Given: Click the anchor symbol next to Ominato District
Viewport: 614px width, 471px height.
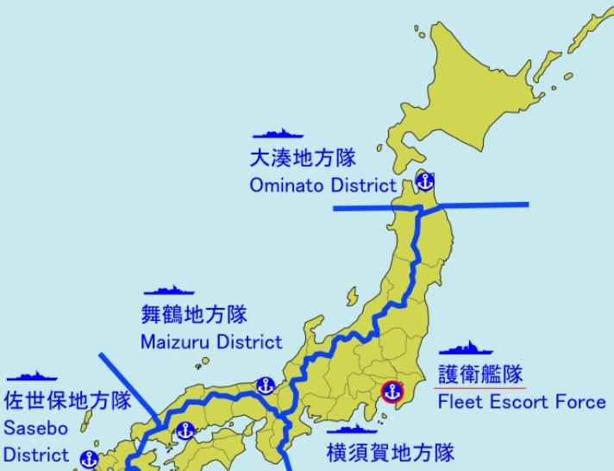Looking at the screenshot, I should (x=424, y=181).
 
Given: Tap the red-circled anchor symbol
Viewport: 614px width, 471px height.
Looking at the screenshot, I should (x=391, y=392).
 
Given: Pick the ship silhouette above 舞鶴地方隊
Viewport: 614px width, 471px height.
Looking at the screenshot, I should (x=168, y=291).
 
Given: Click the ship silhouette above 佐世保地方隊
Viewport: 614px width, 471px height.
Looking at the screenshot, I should (x=31, y=376).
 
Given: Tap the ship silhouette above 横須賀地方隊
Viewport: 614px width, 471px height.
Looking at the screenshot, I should (x=353, y=428).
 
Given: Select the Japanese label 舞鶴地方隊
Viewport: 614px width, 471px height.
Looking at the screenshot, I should (x=194, y=315).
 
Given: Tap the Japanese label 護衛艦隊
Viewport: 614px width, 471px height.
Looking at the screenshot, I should (x=480, y=374).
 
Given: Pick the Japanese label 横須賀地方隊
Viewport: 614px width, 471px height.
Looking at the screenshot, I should (x=390, y=452).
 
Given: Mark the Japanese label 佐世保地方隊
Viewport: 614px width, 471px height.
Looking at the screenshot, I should (x=68, y=401).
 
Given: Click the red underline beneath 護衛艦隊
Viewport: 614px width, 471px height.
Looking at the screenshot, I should (x=481, y=388).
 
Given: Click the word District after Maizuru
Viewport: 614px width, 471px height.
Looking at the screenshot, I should (x=249, y=342).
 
